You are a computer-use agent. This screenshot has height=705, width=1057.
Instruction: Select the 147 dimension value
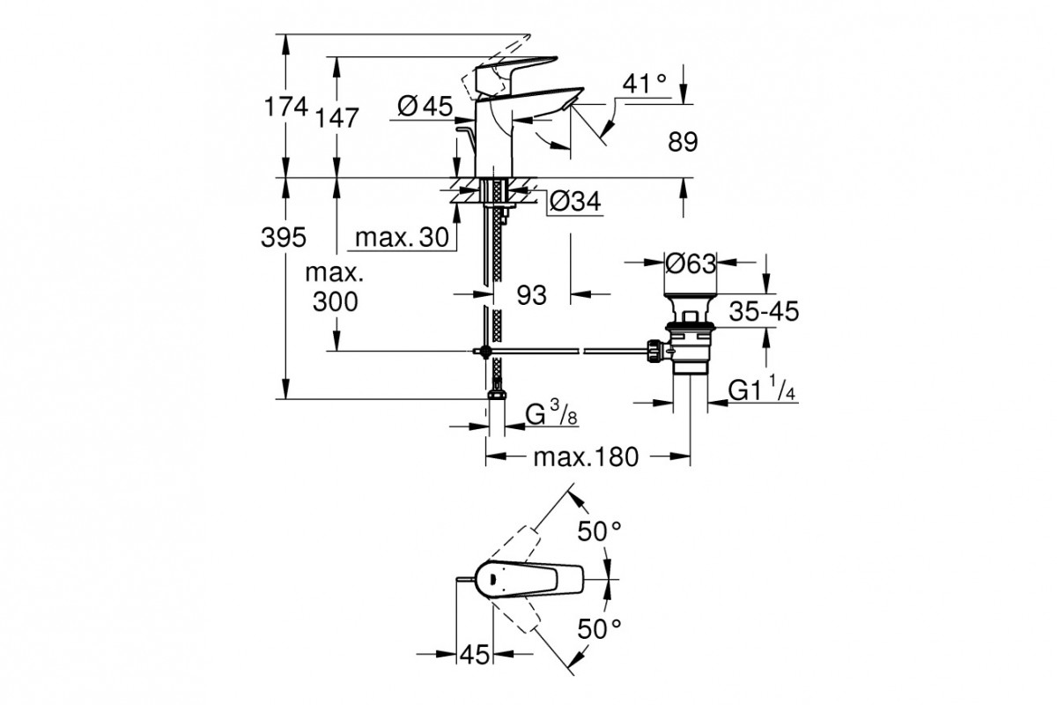[339, 117]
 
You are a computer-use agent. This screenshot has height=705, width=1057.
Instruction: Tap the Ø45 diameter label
[424, 108]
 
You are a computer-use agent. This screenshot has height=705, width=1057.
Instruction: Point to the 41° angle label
[644, 85]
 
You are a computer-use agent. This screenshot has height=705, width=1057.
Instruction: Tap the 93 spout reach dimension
[531, 295]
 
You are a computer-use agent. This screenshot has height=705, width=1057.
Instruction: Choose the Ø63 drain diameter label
[690, 263]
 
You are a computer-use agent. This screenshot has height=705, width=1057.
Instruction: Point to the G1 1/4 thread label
[763, 390]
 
